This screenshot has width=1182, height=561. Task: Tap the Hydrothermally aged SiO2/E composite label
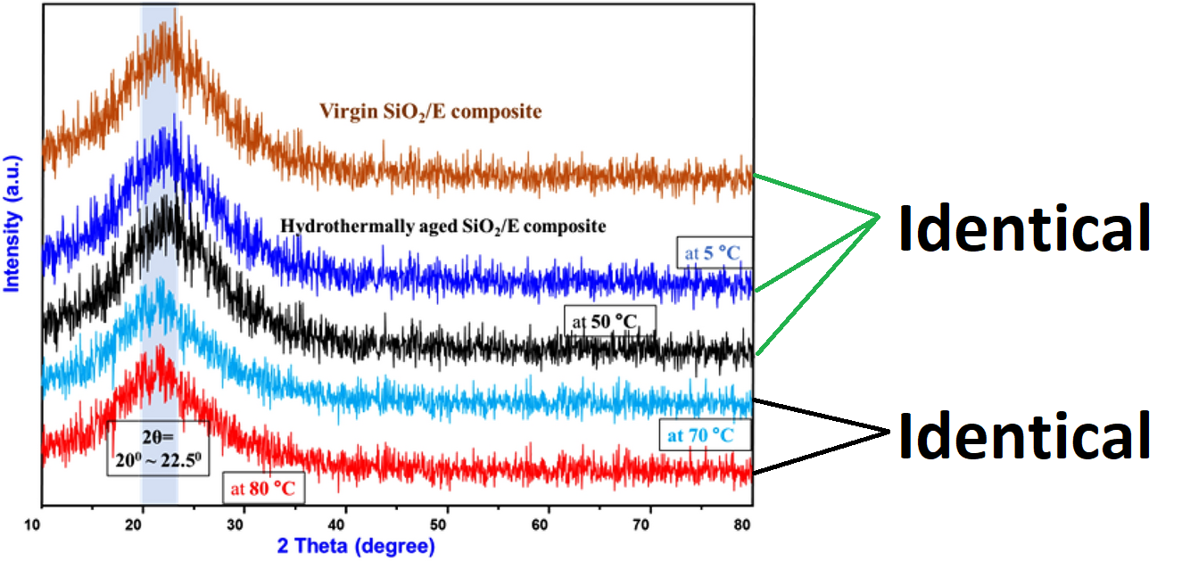pyautogui.click(x=443, y=227)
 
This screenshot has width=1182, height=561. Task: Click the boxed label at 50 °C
pyautogui.click(x=610, y=320)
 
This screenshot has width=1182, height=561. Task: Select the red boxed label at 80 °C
pyautogui.click(x=263, y=489)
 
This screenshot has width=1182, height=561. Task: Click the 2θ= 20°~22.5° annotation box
pyautogui.click(x=158, y=447)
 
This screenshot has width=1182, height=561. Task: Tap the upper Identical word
pyautogui.click(x=1023, y=228)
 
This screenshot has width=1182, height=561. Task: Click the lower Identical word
pyautogui.click(x=1023, y=436)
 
